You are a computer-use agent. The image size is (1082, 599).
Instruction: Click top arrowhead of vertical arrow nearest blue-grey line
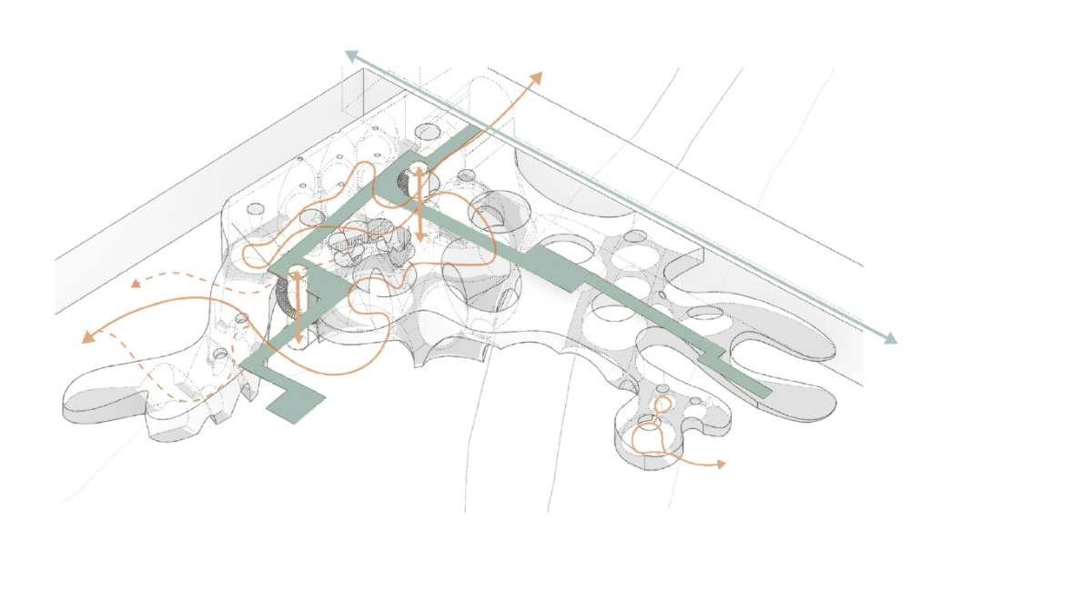[x=418, y=170]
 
